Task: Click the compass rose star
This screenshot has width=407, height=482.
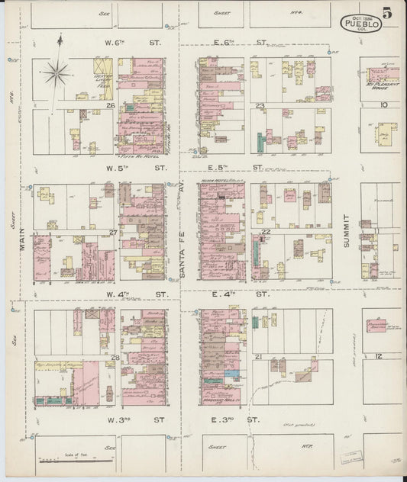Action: click(57, 74)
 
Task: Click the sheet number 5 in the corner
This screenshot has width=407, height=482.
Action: click(389, 12)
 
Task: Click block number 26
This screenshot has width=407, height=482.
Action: click(111, 105)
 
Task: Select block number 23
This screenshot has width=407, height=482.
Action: click(260, 105)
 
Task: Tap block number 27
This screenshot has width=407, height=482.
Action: click(113, 232)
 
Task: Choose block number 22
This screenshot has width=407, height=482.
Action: click(266, 232)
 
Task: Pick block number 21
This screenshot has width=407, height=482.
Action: click(260, 356)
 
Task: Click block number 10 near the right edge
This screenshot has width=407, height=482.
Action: click(384, 105)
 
